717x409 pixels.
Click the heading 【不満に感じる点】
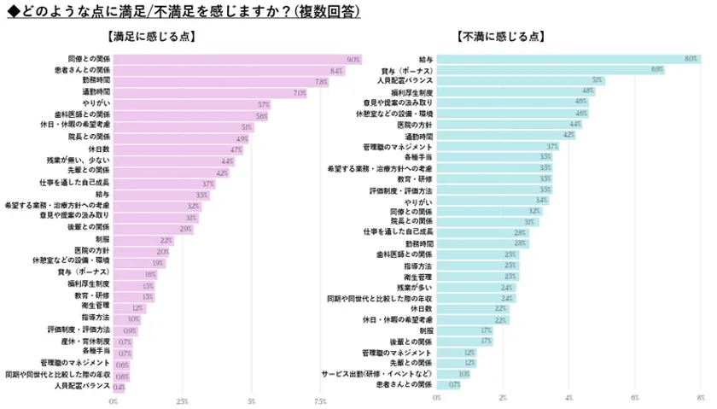click(500, 37)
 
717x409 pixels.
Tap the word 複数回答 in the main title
click(327, 11)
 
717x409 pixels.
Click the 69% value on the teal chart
click(657, 69)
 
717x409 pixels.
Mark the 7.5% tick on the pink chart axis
click(320, 399)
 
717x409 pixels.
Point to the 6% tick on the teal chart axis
click(634, 398)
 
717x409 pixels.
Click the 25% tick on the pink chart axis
click(182, 399)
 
